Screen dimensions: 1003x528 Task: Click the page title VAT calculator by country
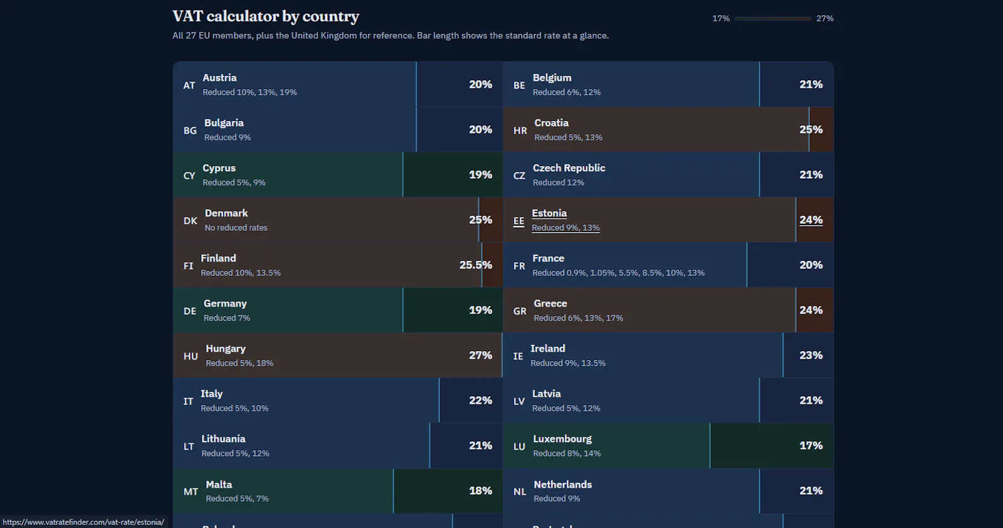tap(266, 16)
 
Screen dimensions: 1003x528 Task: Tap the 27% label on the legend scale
tap(825, 18)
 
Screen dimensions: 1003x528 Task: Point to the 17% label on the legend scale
tap(721, 18)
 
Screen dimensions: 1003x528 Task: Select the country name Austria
tap(219, 78)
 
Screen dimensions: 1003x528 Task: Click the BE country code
tap(519, 85)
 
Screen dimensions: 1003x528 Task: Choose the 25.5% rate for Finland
tap(476, 265)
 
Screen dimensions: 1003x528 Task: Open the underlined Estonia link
tap(549, 213)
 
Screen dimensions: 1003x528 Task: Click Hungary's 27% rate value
tap(480, 355)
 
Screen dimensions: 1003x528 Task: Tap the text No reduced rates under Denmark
tap(236, 228)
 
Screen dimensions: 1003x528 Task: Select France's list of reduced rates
tap(618, 273)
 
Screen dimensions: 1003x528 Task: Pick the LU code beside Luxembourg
tap(519, 446)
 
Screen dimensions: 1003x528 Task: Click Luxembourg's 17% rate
tap(811, 446)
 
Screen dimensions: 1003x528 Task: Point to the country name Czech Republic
tap(569, 168)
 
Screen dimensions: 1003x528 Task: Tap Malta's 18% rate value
tap(480, 491)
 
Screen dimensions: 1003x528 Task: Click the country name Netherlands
tap(563, 485)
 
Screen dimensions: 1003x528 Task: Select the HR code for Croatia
tap(520, 130)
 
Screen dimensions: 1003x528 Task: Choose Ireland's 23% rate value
tap(811, 355)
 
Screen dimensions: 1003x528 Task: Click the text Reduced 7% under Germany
tap(227, 318)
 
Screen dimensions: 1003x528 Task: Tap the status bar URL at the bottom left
tap(83, 522)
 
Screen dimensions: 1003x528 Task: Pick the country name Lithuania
tap(223, 439)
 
